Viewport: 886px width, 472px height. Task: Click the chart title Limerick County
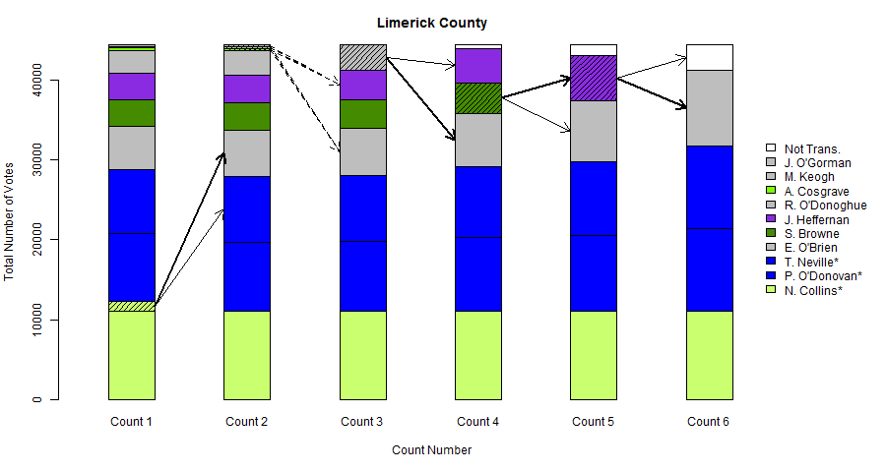tap(431, 23)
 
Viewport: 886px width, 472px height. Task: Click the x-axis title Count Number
tap(431, 450)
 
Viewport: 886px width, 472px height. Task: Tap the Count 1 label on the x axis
tap(132, 422)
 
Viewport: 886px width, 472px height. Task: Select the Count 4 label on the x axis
tap(477, 422)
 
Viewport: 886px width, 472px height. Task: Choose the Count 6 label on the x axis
tap(709, 422)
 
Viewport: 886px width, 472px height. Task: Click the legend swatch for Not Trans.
tap(771, 147)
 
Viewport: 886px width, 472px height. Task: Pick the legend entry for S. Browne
tap(812, 234)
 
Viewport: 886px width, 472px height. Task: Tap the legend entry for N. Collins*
tap(813, 291)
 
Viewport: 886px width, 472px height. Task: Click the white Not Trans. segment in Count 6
tap(709, 57)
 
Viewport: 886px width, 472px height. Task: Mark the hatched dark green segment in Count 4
tap(477, 97)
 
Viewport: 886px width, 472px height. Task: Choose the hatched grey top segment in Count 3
tap(362, 57)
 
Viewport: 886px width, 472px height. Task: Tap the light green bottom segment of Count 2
tap(247, 355)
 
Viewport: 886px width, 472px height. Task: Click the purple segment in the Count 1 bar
tap(132, 87)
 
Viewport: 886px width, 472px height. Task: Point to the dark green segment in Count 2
tap(247, 116)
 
